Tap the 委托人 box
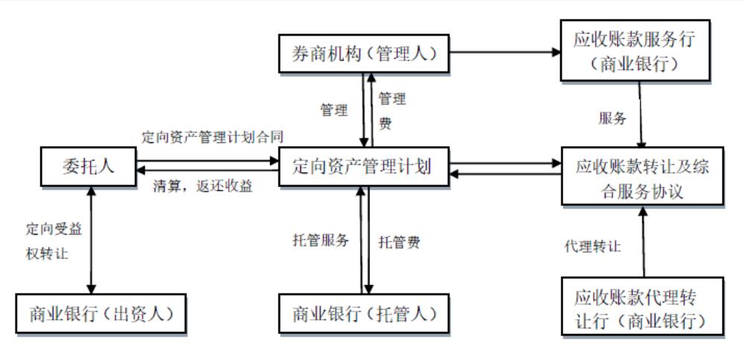pos(88,166)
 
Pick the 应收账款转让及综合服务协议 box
pos(642,178)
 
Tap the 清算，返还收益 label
pos(203,186)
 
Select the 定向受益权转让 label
pos(53,241)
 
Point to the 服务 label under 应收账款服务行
pos(612,118)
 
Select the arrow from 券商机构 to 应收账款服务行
pos(507,53)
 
